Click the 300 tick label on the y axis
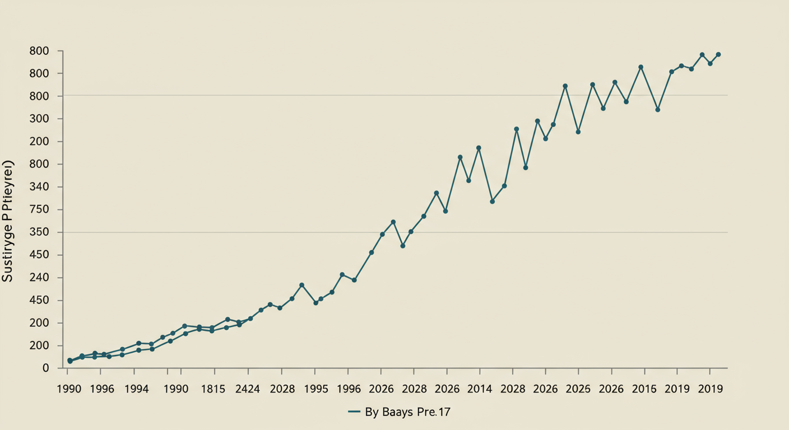[39, 119]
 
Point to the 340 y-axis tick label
[39, 187]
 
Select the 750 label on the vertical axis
[39, 210]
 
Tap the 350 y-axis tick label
[39, 232]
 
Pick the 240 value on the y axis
[39, 278]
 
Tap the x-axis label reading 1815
[214, 389]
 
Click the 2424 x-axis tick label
[247, 389]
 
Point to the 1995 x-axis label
[315, 389]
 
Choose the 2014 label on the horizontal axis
[480, 389]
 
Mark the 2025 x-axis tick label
[578, 389]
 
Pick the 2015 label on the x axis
[644, 389]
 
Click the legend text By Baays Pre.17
[408, 413]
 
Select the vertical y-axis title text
[8, 221]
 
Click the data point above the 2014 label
[479, 148]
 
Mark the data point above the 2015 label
[641, 67]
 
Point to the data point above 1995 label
[315, 302]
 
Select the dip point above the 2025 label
[578, 132]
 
